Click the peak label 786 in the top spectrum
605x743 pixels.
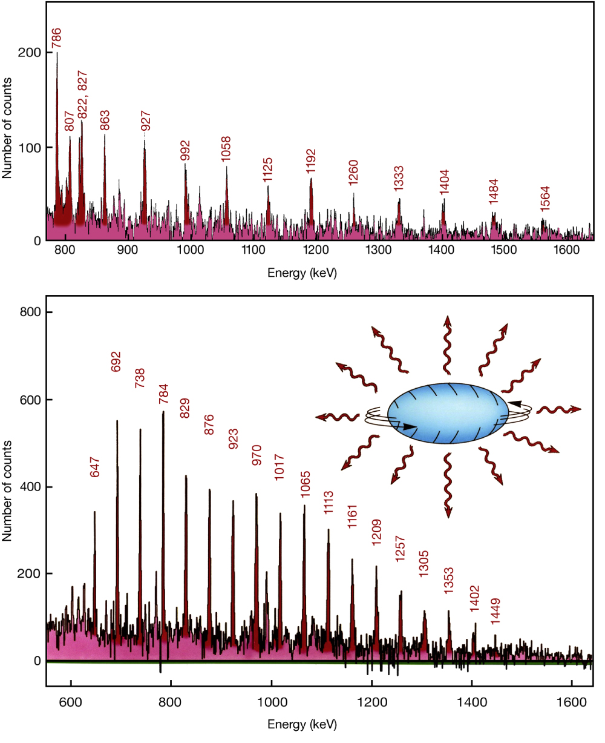tap(56, 38)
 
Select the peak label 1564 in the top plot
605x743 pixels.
tap(545, 197)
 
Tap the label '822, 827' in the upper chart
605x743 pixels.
tap(82, 94)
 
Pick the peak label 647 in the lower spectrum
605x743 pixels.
tap(94, 467)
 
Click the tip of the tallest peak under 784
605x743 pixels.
tap(163, 412)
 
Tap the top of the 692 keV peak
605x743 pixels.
tap(117, 421)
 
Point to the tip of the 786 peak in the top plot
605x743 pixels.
tap(57, 53)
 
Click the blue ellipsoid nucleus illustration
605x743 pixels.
tap(448, 414)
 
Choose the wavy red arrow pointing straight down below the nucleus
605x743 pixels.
tap(448, 485)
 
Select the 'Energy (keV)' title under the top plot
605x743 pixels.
tap(302, 273)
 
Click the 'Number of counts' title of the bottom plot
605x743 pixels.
tap(7, 491)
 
